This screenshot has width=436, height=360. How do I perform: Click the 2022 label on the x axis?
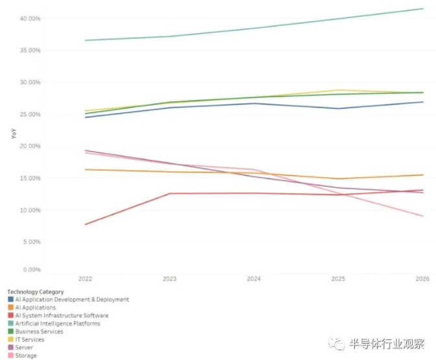(85, 278)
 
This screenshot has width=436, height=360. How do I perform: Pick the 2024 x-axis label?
(254, 278)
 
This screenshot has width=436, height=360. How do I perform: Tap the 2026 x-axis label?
(423, 278)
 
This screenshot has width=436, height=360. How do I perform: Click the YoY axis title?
(13, 134)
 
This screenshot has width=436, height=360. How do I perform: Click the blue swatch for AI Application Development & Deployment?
(10, 300)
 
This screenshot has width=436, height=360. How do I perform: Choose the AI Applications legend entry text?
(36, 307)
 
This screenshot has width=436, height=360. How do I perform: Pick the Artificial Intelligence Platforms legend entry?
(57, 323)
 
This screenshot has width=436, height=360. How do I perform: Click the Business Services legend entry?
(39, 331)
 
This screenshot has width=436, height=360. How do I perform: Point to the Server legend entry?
(24, 348)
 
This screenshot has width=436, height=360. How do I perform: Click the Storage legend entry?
(26, 355)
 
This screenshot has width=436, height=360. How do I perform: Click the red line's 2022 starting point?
(85, 224)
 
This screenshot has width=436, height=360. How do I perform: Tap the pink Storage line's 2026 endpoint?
(423, 216)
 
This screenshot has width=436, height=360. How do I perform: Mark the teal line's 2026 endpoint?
(423, 8)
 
